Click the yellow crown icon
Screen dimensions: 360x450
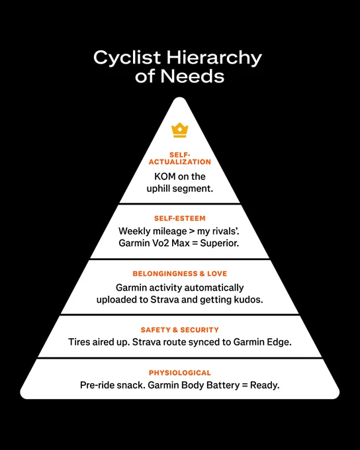pos(180,130)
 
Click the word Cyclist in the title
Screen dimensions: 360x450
pos(128,58)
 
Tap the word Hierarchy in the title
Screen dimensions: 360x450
pos(214,58)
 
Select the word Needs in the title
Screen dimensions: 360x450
pos(193,75)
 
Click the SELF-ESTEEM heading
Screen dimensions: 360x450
pos(180,218)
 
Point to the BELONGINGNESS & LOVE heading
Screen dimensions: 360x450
pos(180,273)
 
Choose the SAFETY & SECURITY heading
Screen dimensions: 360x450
pos(180,330)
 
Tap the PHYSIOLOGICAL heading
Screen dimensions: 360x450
pos(180,373)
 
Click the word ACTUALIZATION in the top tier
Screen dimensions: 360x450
pos(180,162)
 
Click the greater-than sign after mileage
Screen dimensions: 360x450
pos(191,232)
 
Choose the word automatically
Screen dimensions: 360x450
pos(214,288)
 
